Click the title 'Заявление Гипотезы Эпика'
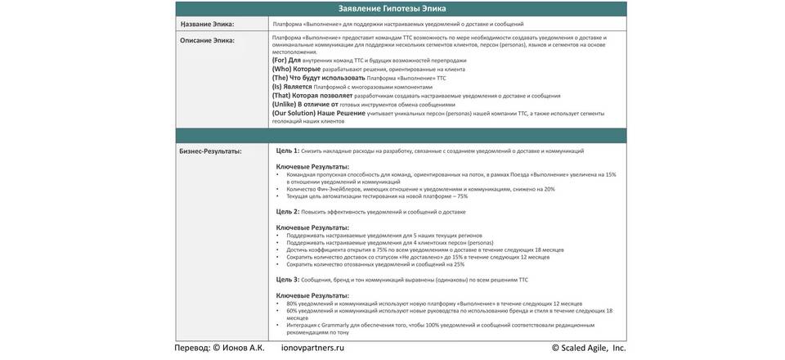pos(392,9)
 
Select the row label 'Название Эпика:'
pos(207,25)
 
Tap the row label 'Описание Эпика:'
pos(207,39)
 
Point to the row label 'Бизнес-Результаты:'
pos(211,151)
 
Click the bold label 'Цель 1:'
pos(287,151)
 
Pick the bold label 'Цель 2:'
pos(287,212)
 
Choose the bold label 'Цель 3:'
pos(287,280)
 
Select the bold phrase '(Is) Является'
pos(292,87)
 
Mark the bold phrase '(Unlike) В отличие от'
pos(304,104)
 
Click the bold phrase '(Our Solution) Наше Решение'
pos(318,113)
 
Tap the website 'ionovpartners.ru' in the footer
pos(312,348)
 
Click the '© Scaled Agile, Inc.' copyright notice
pos(589,348)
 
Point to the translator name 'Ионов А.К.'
pos(244,348)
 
